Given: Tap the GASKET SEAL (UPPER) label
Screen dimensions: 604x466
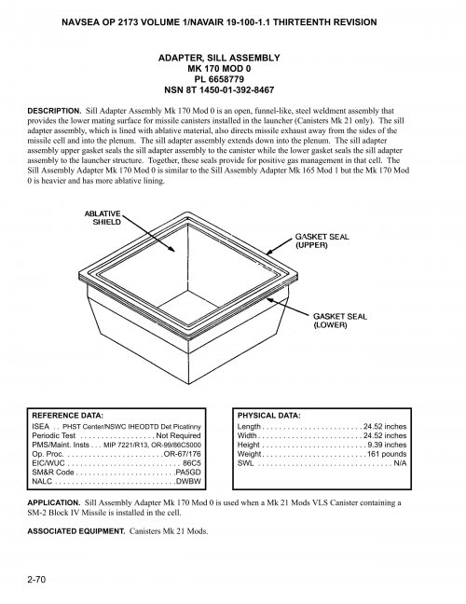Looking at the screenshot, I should pos(322,241).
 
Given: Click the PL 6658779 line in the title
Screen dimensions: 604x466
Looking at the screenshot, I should pos(233,79).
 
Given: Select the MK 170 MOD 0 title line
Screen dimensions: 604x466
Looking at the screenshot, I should pos(233,69).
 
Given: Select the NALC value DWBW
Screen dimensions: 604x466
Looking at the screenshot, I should pos(188,481).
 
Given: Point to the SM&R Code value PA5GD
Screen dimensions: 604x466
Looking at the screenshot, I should pos(188,472).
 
